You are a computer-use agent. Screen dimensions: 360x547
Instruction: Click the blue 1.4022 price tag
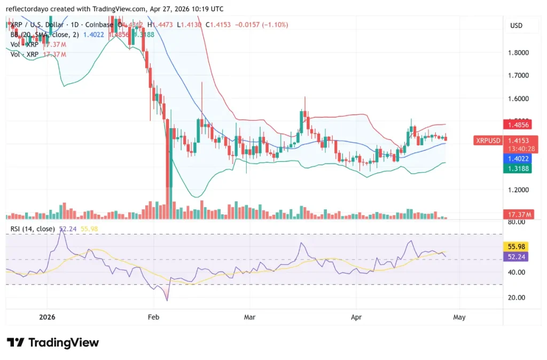coord(519,159)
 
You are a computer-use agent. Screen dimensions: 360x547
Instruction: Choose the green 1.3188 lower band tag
coord(519,168)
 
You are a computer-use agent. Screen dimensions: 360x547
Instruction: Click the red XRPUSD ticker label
coord(487,140)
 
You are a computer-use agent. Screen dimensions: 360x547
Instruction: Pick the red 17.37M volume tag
coord(520,214)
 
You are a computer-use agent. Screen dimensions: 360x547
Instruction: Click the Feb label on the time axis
coord(153,317)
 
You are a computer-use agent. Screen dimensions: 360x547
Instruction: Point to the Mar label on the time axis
coord(249,317)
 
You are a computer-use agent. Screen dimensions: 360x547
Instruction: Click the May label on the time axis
coord(459,317)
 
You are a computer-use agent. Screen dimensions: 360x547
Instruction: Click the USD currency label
coord(517,26)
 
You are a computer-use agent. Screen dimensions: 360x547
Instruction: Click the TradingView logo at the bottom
coord(53,342)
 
